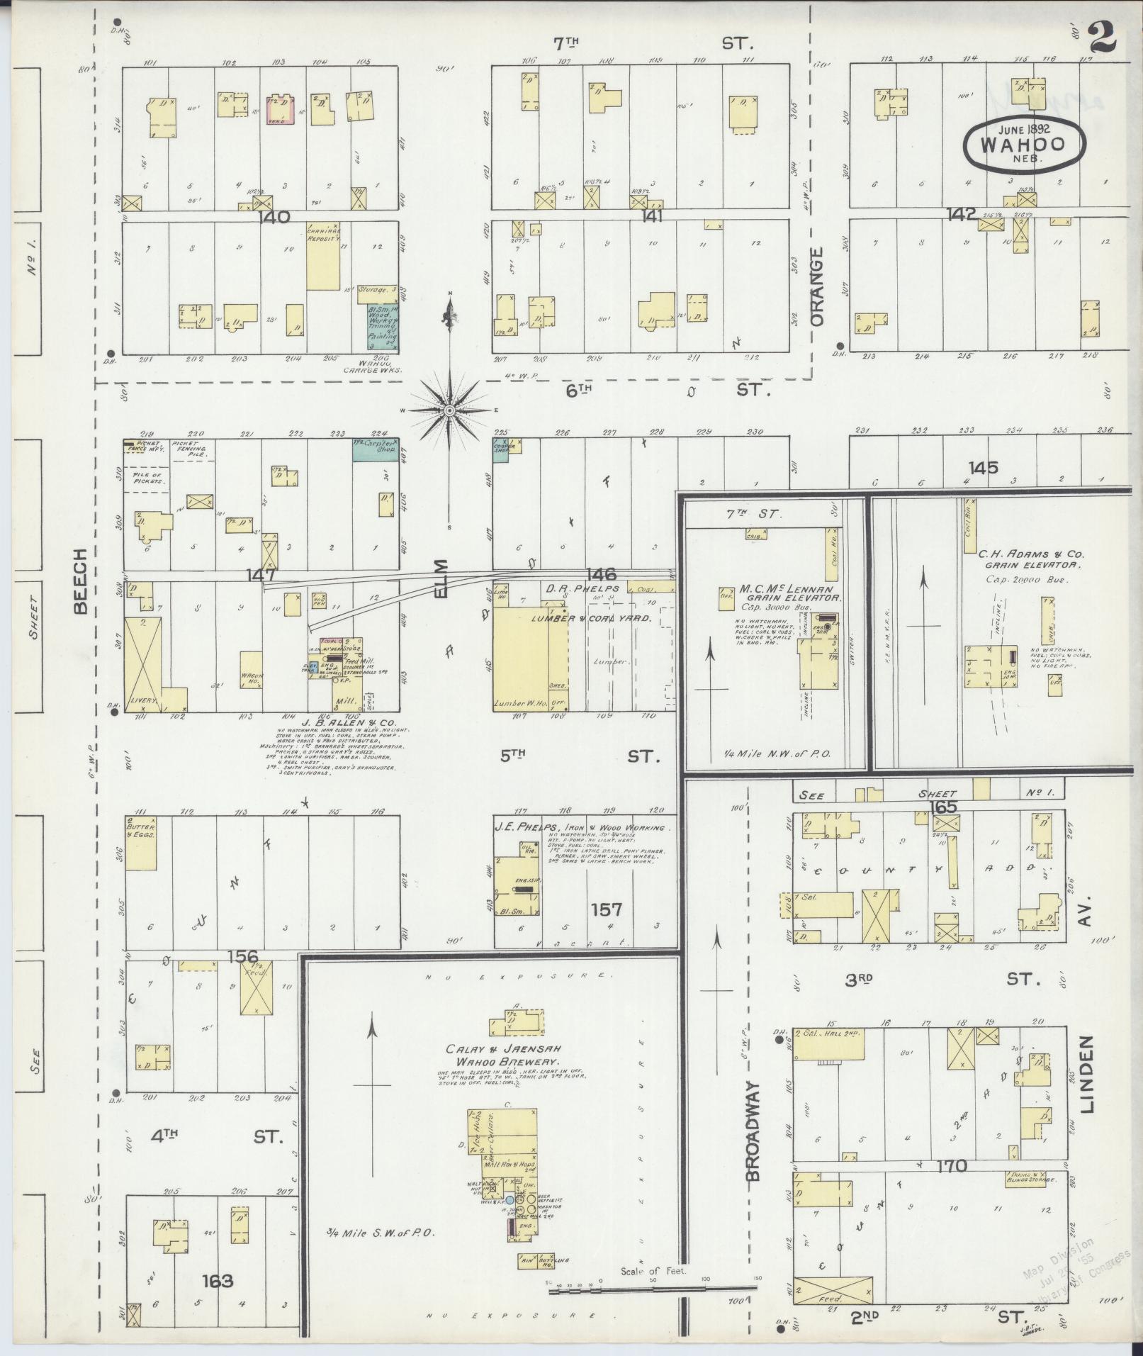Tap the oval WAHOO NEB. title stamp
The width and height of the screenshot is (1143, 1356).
click(1024, 144)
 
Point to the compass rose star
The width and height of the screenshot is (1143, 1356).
click(450, 410)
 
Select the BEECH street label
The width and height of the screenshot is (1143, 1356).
click(79, 581)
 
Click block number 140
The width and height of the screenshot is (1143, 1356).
click(274, 217)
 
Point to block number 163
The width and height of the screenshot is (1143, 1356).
click(217, 1281)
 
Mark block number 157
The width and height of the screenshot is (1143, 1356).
click(607, 909)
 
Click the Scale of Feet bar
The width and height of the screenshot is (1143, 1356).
click(652, 1289)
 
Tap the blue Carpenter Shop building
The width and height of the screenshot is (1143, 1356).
click(376, 449)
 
